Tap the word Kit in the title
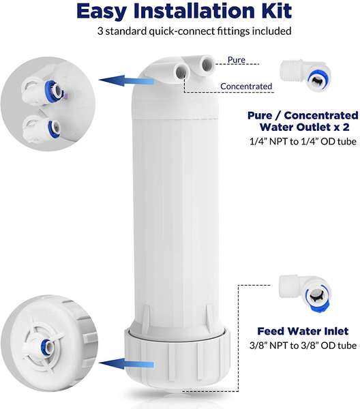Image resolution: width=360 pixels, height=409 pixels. [x=273, y=12]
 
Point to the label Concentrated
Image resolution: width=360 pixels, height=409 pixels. [x=246, y=86]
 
